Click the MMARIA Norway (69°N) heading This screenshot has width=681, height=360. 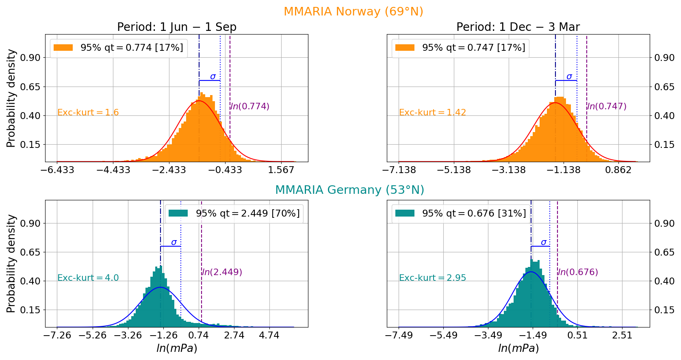point(353,11)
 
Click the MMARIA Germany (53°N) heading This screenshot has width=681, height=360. point(349,190)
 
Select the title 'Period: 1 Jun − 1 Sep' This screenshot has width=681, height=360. point(177,27)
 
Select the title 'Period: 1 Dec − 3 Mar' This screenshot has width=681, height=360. point(518,27)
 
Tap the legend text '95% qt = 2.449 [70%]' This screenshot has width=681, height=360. point(248,213)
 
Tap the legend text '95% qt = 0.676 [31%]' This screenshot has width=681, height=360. point(474,213)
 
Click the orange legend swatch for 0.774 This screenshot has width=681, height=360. point(63,48)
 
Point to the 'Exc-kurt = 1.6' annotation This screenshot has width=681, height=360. point(88,113)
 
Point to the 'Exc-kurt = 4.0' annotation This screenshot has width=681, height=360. point(88,278)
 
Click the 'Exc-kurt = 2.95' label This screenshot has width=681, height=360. point(432,278)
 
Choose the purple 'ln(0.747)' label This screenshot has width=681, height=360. point(607,106)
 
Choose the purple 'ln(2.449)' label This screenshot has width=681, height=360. point(222,272)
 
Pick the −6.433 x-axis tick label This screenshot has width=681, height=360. point(57,170)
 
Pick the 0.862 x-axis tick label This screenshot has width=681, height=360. point(618,170)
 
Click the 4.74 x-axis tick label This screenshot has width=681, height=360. point(269,336)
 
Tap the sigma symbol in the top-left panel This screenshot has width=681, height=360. point(213,76)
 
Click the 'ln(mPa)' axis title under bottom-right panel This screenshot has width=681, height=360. point(518,349)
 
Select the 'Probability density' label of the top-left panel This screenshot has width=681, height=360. point(11,98)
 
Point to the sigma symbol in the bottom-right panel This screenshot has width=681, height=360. point(544,243)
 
